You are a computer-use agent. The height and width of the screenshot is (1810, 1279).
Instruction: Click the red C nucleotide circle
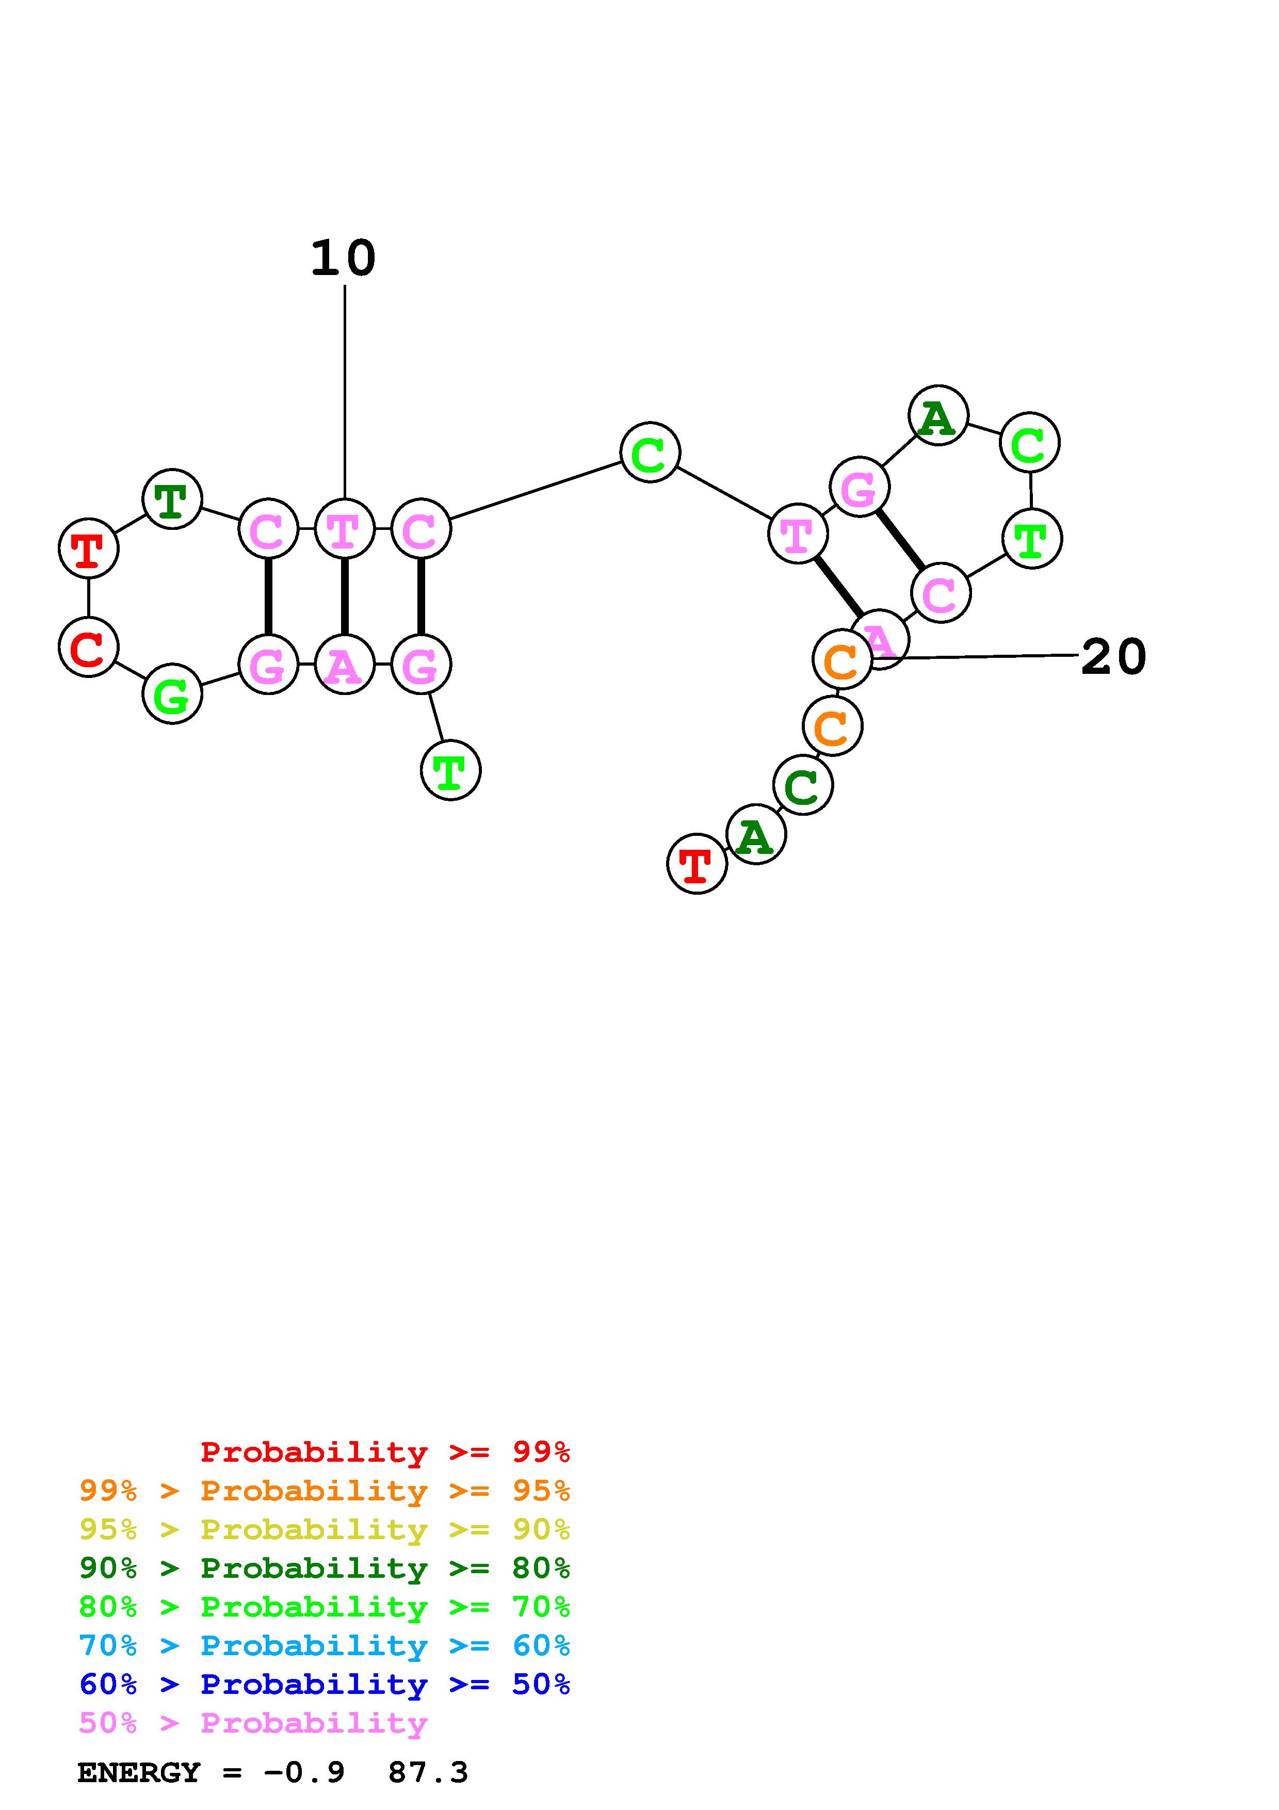coord(88,647)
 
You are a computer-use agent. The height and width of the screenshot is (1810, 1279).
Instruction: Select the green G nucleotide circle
coord(172,694)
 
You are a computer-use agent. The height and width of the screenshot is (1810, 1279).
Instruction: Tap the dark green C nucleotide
coord(802,785)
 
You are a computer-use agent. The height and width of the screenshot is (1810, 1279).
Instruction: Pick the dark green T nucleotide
coord(172,499)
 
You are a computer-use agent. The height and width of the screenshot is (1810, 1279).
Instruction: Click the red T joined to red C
coord(88,548)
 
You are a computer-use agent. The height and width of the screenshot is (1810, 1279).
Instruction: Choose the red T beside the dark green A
coord(697,864)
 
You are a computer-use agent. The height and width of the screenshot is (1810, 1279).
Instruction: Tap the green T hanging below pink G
coord(450,770)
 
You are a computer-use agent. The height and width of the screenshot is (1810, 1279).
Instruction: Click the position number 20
coord(1113,657)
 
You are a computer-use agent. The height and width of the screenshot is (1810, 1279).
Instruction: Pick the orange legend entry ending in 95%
coord(324,1490)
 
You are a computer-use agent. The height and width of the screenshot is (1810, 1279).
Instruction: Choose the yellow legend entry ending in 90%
coord(324,1529)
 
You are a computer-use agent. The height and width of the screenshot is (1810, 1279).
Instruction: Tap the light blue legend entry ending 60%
coord(324,1645)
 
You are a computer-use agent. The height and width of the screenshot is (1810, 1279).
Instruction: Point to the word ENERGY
coord(139,1773)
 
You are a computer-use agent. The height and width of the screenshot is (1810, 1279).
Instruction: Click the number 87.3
coord(428,1773)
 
